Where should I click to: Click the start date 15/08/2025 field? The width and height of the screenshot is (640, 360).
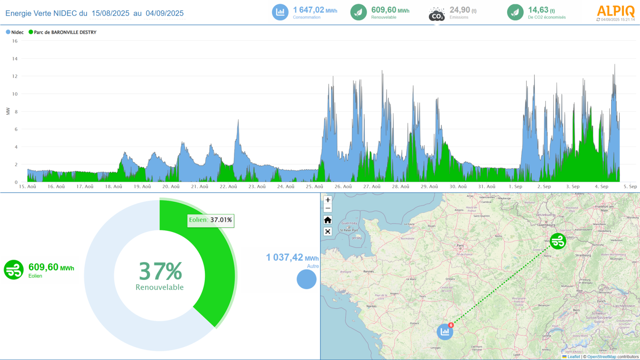click(x=110, y=13)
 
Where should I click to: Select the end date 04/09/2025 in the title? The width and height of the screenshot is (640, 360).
click(x=164, y=13)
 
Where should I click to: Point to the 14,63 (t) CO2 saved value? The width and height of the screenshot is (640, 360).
click(x=541, y=10)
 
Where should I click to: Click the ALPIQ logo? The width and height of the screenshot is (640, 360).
click(x=616, y=11)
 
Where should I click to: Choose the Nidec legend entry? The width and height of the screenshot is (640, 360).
click(x=15, y=32)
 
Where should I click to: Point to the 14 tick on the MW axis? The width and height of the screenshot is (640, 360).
click(x=15, y=59)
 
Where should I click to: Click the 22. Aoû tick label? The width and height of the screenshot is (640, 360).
click(x=228, y=186)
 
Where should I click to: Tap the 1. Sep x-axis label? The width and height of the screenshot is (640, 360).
click(x=516, y=186)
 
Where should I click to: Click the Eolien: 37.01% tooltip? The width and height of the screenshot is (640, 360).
click(x=211, y=220)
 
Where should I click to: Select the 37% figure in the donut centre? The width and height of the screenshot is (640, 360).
click(x=160, y=271)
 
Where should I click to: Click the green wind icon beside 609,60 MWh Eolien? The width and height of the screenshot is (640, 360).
click(x=14, y=270)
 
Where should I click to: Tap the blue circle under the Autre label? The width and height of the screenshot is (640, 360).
click(x=306, y=279)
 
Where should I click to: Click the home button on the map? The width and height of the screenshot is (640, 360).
click(x=328, y=220)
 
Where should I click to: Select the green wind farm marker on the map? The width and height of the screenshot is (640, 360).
click(x=558, y=241)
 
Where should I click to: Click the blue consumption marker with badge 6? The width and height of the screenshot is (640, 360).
click(x=445, y=332)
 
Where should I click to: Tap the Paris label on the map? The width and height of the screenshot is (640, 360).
click(x=460, y=246)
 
